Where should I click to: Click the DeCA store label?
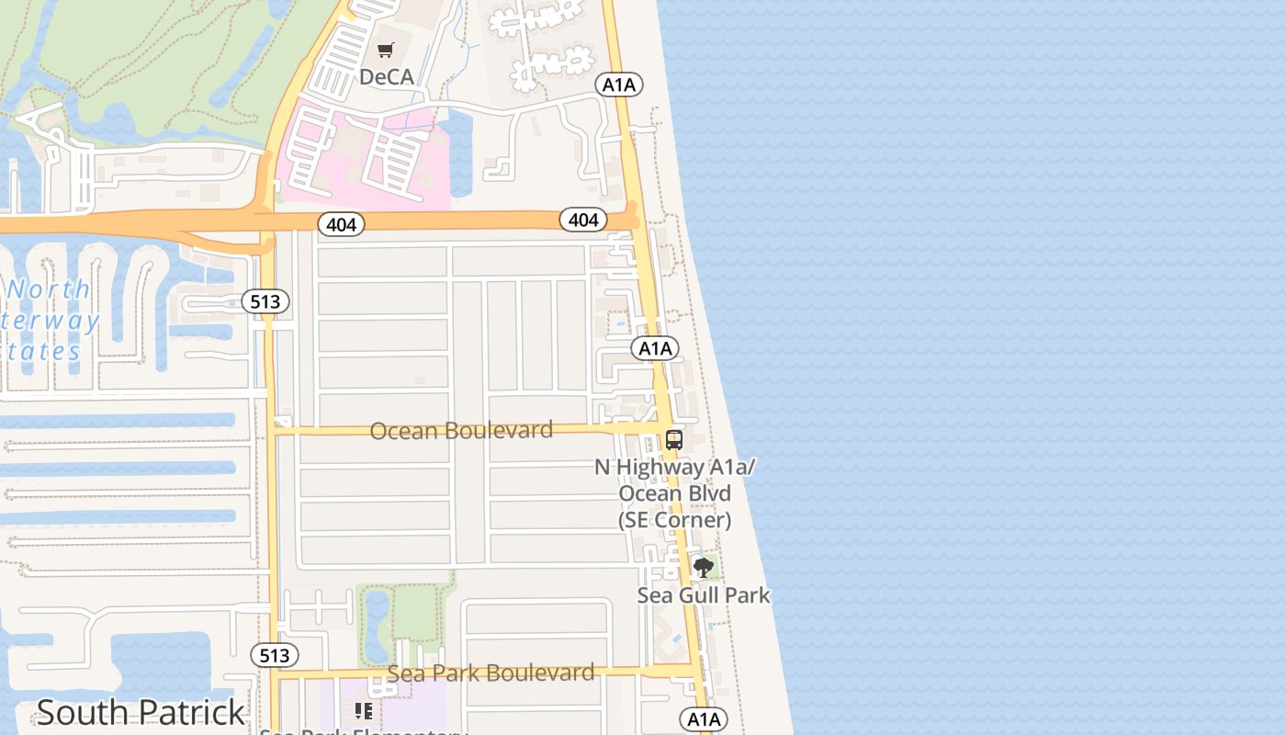387,76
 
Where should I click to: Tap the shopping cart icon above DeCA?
386,51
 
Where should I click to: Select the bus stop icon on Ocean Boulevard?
674,439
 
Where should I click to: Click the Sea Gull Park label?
704,595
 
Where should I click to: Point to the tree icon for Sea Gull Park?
704,568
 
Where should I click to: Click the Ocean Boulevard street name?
461,430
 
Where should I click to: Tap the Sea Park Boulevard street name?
491,673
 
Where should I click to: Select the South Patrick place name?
141,712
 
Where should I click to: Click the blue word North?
50,289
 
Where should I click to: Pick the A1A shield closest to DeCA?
618,85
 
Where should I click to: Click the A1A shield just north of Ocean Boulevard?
655,348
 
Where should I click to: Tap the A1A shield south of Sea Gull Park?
703,718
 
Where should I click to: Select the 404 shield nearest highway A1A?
583,220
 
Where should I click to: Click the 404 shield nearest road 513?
341,224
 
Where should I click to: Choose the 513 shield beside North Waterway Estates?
266,301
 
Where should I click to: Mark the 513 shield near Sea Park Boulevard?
274,655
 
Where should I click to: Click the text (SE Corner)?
674,520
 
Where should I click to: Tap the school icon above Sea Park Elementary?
364,710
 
